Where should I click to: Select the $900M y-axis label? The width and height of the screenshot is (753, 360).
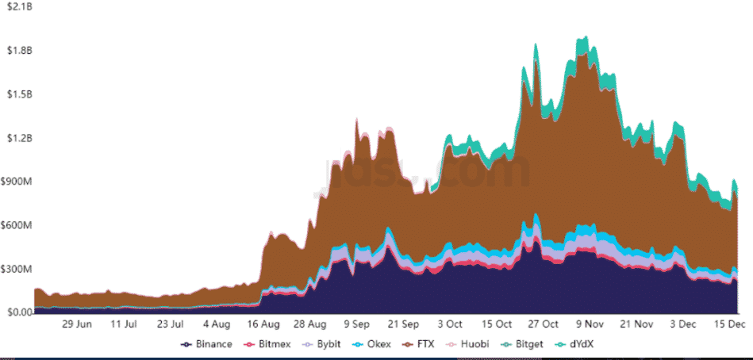[x=17, y=182]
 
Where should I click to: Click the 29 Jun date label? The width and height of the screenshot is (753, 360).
[x=79, y=324]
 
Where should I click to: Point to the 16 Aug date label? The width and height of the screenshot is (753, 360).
[x=263, y=324]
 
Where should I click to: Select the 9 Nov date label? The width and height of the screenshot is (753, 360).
[x=588, y=324]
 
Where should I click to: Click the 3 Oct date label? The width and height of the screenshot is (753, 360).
[x=450, y=324]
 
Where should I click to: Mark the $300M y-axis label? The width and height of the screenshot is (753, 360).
[x=17, y=269]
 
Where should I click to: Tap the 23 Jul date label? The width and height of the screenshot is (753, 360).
[x=171, y=324]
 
